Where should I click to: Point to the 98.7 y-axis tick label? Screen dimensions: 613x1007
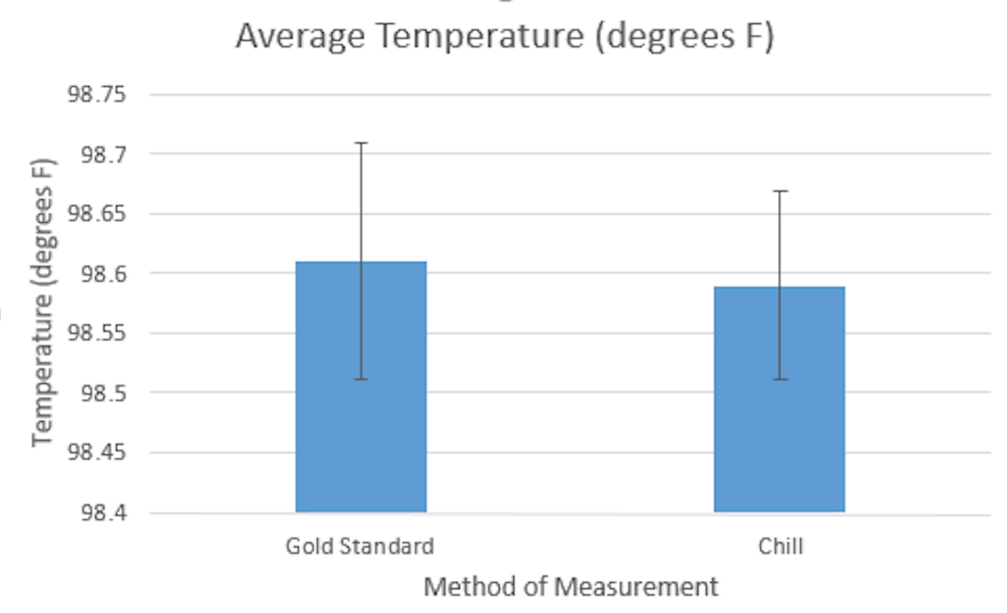[104, 154]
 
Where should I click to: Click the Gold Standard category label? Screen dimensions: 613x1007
[360, 545]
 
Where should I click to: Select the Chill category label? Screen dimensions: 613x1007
[781, 545]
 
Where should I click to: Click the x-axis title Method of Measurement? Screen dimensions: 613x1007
[570, 587]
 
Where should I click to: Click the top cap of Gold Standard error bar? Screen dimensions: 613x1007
[361, 142]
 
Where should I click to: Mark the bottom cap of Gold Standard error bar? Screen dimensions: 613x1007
[361, 379]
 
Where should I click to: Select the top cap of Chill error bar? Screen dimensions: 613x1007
[780, 191]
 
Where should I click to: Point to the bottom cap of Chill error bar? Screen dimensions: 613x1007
[780, 379]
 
